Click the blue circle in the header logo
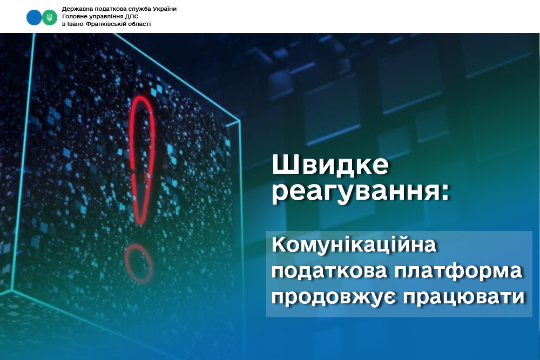tap(34, 18)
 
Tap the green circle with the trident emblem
tap(50, 18)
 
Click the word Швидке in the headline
tap(330, 165)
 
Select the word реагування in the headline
tap(355, 192)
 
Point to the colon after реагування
tap(444, 192)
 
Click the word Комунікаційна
tap(354, 244)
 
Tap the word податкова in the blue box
tap(329, 271)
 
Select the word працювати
tap(463, 297)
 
